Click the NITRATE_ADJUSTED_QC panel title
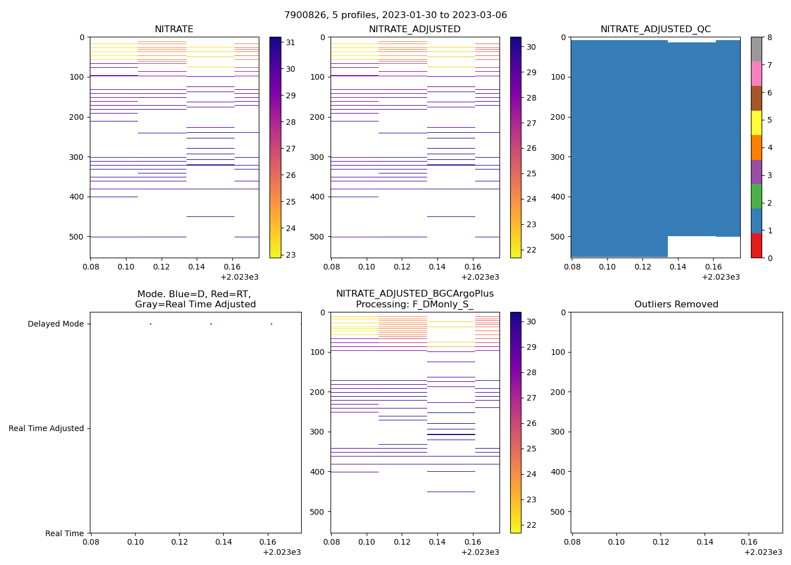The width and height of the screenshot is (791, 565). click(x=655, y=29)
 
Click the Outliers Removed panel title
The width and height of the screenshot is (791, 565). click(x=676, y=305)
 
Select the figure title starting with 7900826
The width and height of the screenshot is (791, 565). click(x=395, y=15)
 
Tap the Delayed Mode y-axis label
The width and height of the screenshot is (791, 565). click(x=55, y=324)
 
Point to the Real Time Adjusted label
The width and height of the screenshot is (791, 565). click(x=46, y=429)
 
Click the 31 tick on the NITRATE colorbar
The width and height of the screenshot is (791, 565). click(x=290, y=42)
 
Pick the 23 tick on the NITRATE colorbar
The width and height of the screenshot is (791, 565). click(x=290, y=255)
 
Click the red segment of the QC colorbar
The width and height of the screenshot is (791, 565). click(x=757, y=246)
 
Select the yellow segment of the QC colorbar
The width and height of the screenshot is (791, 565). click(x=757, y=123)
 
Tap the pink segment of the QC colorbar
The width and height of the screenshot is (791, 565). click(x=757, y=73)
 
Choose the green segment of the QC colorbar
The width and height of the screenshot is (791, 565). click(x=757, y=196)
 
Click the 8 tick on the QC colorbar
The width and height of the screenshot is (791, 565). click(x=769, y=37)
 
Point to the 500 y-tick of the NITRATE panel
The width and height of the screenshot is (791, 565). click(x=76, y=237)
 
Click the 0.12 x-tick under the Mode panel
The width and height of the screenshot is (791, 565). click(x=179, y=542)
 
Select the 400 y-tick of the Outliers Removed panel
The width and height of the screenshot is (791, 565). click(x=558, y=472)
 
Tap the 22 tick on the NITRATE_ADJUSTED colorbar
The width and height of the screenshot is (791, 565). click(x=531, y=250)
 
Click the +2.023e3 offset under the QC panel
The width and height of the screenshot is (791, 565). click(x=720, y=277)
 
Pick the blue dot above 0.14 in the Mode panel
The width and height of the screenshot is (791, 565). click(x=211, y=324)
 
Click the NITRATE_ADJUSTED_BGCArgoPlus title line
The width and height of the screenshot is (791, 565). click(x=415, y=294)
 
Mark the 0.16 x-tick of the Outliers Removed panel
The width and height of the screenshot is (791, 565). click(x=749, y=542)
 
